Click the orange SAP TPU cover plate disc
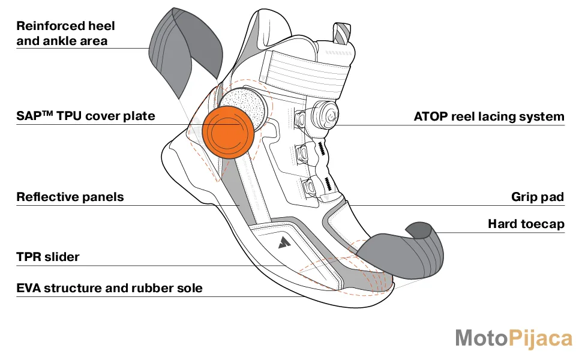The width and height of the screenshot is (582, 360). click(228, 132)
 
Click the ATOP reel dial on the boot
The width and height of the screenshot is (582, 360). click(325, 113)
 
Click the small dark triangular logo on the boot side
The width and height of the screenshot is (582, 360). click(284, 242)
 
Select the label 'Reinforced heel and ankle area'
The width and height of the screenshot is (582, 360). click(65, 34)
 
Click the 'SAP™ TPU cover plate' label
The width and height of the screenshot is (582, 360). click(86, 116)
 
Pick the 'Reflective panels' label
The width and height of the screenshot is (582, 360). click(70, 197)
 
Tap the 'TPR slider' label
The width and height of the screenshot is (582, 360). click(48, 257)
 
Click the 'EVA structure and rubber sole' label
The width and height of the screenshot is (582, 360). click(109, 288)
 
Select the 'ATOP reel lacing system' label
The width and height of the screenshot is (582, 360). click(489, 116)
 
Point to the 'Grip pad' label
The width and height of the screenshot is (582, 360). click(538, 197)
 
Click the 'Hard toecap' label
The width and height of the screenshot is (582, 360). click(526, 224)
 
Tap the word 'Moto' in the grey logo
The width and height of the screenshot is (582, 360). click(481, 338)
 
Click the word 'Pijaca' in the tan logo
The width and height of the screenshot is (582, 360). click(540, 339)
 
